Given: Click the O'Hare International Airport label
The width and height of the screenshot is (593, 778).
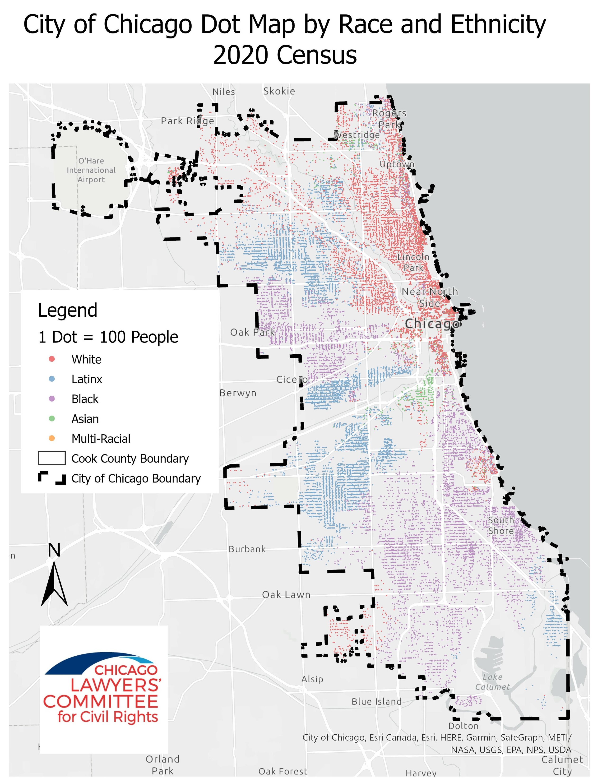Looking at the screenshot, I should pyautogui.click(x=91, y=170).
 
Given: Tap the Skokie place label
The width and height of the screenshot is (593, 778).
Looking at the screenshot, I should pyautogui.click(x=279, y=91).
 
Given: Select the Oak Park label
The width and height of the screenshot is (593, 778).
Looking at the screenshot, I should pyautogui.click(x=252, y=332).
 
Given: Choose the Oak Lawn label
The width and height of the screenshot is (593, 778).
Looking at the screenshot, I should pyautogui.click(x=286, y=595).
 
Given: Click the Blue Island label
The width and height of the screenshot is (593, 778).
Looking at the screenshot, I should pyautogui.click(x=376, y=701).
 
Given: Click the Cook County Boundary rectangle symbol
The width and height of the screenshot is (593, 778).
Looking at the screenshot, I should pyautogui.click(x=51, y=458).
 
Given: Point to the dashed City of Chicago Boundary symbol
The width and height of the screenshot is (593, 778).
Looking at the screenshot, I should pyautogui.click(x=51, y=478).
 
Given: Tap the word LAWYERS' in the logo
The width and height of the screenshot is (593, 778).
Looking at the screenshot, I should pyautogui.click(x=116, y=685).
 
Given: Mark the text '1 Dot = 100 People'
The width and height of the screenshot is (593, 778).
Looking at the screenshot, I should pyautogui.click(x=108, y=337).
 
